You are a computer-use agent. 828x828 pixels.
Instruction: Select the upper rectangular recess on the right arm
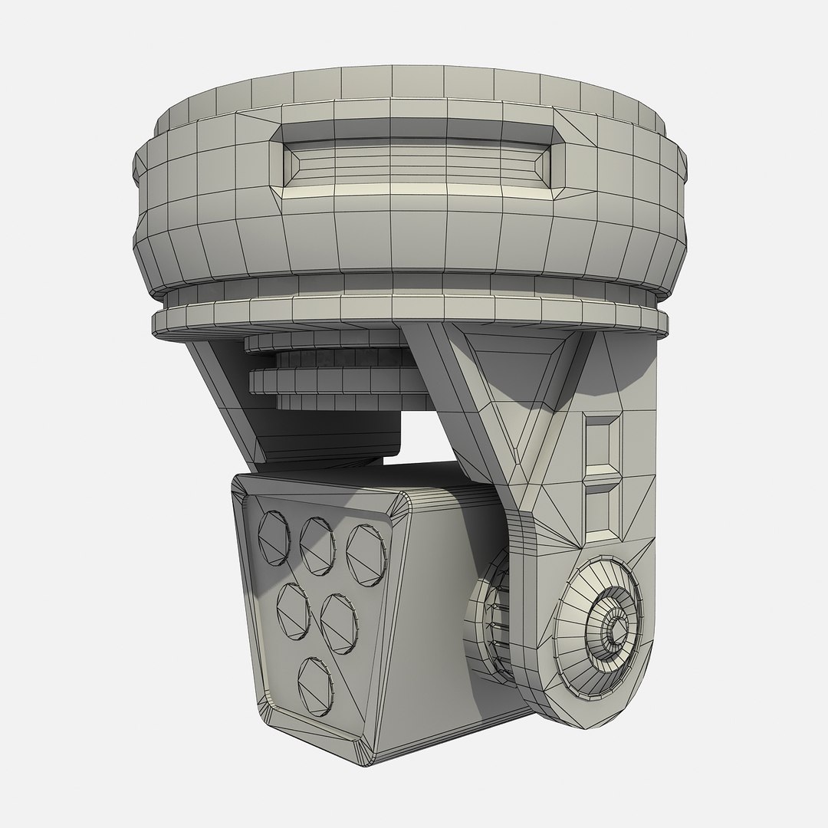(601, 442)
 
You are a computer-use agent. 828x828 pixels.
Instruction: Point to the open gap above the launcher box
(426, 441)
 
